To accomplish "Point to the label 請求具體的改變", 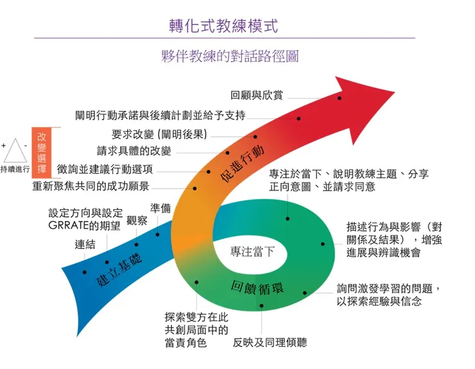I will click(134, 151).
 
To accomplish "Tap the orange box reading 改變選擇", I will click(42, 152).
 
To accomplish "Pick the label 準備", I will click(160, 209).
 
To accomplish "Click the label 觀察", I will click(137, 221).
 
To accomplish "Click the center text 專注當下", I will click(252, 251).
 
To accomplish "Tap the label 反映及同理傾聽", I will click(270, 342).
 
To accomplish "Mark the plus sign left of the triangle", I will click(4, 146).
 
